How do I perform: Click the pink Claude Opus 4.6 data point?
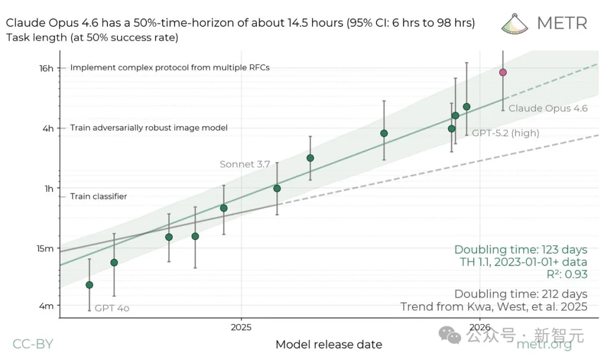(x=503, y=72)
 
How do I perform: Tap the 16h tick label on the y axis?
(x=47, y=68)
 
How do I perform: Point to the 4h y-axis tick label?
(x=49, y=128)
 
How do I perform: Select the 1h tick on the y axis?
(x=49, y=188)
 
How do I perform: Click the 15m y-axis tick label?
(x=46, y=248)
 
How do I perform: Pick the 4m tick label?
(x=47, y=306)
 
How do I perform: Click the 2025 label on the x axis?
(x=241, y=326)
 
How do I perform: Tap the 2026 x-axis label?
(x=480, y=326)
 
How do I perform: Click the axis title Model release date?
(x=329, y=344)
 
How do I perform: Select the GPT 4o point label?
(x=112, y=308)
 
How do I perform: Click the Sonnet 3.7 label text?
(x=245, y=164)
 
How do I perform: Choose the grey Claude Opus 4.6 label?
(x=548, y=108)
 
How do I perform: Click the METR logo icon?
(x=515, y=22)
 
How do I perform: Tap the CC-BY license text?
(x=33, y=344)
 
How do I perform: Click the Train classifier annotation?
(x=98, y=197)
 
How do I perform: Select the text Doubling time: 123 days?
(x=521, y=249)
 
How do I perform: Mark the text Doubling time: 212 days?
(x=521, y=294)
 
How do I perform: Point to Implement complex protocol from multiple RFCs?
(x=170, y=68)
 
